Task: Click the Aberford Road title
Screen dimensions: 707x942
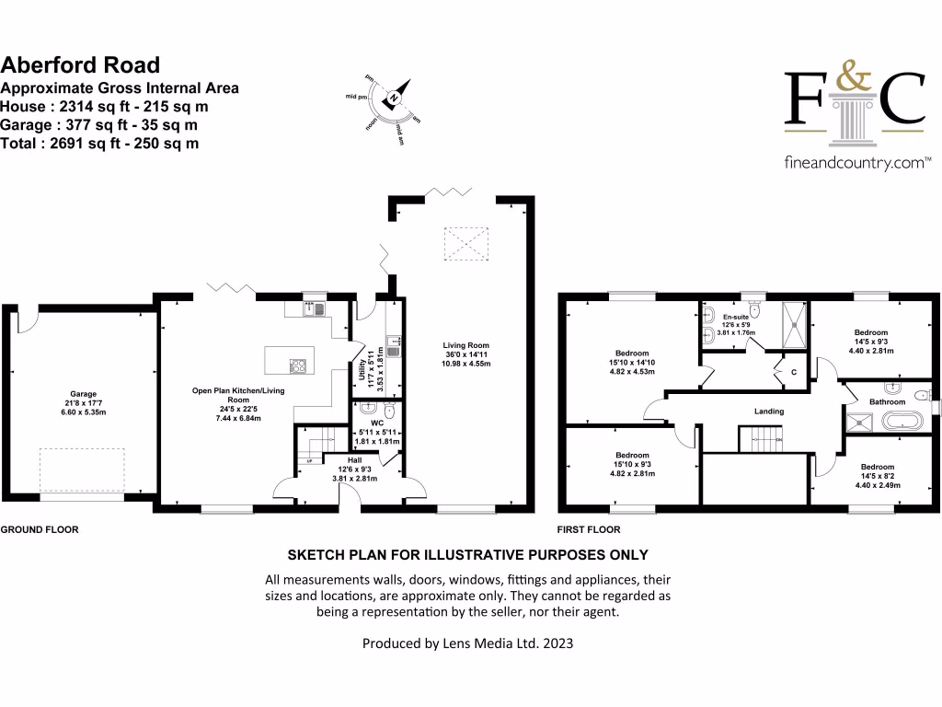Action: [x=80, y=64]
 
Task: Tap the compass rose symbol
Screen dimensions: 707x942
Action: [x=393, y=99]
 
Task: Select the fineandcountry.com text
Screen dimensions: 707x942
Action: [x=854, y=163]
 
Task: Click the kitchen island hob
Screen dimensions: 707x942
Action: [x=299, y=365]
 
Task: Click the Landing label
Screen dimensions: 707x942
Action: [x=769, y=411]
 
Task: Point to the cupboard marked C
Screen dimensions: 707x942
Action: [x=794, y=373]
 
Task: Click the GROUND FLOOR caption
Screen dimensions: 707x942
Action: [x=39, y=529]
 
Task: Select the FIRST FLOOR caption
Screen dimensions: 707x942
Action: [x=589, y=529]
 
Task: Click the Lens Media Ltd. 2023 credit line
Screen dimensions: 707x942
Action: [x=467, y=643]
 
